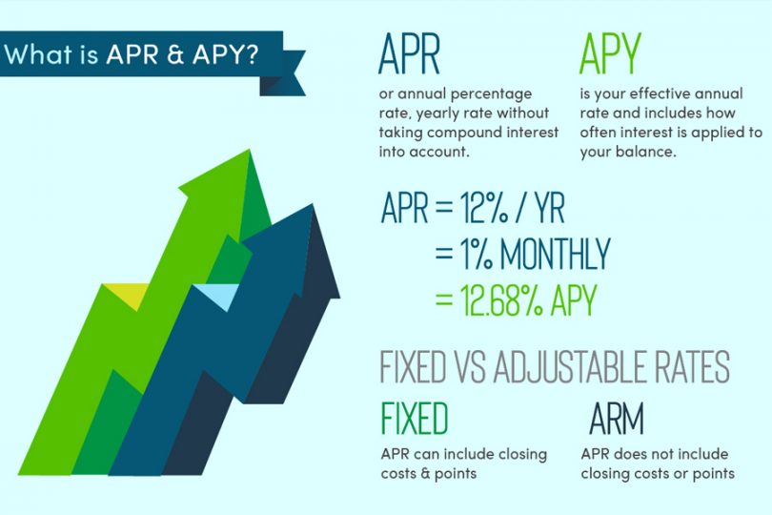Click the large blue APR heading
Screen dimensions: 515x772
pos(409,57)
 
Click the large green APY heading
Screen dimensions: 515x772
pos(609,57)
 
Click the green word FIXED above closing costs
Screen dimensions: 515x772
pos(414,419)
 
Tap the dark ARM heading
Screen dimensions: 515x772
pos(617,419)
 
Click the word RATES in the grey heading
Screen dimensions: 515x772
pos(687,367)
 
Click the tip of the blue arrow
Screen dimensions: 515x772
pos(311,206)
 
